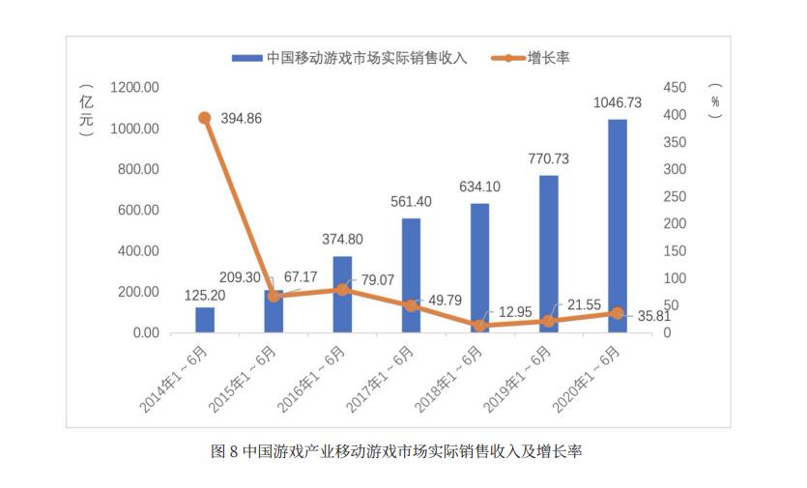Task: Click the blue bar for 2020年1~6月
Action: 617,226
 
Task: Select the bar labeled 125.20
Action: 205,320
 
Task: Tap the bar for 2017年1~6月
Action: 411,275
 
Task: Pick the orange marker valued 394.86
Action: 205,118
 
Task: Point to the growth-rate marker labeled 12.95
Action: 479,326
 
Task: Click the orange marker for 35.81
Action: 617,313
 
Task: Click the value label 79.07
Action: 378,281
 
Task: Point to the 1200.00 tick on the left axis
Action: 134,88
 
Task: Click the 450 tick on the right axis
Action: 675,88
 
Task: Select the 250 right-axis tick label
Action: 675,197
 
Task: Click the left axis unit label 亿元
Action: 86,113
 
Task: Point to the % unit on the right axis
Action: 715,100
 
